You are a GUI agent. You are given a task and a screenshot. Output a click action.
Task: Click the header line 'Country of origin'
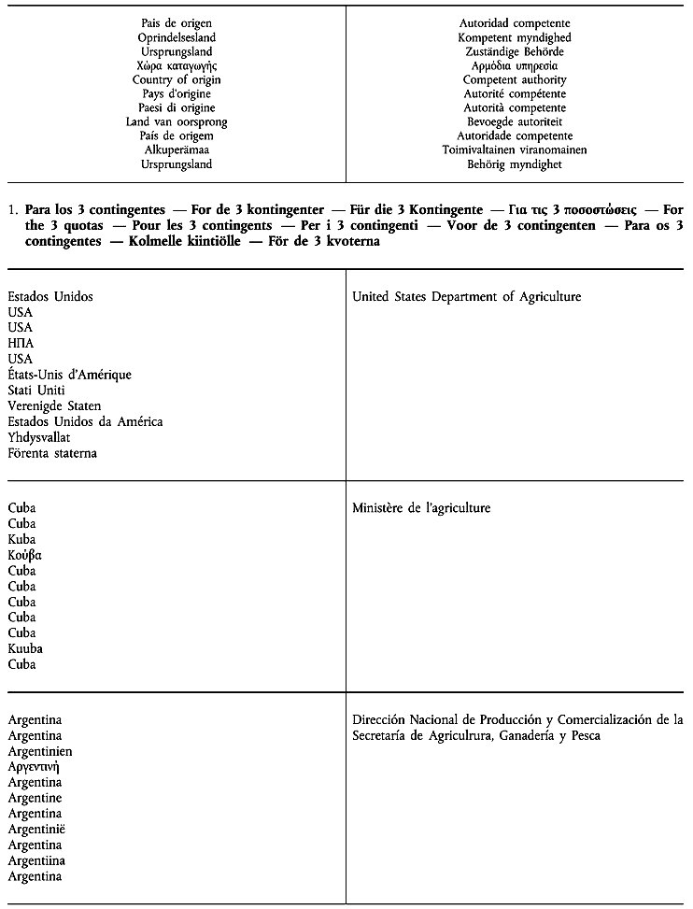coord(177,80)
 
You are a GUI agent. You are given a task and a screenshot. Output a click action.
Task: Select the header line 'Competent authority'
coord(515,80)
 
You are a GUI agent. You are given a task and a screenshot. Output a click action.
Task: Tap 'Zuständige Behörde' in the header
coord(515,52)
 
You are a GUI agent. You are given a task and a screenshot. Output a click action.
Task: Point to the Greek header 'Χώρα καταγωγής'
coord(177,66)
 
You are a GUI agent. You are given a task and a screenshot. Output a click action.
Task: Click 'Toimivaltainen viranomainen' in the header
coord(515,150)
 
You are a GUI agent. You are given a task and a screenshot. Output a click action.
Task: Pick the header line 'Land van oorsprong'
coord(177,122)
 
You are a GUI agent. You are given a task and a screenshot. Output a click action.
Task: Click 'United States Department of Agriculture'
coord(466,297)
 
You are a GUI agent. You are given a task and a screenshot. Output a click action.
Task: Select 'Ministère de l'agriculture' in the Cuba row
coord(421,508)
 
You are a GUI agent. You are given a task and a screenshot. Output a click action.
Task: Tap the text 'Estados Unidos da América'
coord(85,421)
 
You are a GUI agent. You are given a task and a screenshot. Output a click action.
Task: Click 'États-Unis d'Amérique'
coord(69,375)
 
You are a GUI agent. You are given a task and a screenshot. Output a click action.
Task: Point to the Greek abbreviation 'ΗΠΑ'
coord(21,344)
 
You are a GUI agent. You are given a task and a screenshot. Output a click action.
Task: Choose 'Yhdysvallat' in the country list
coord(39,437)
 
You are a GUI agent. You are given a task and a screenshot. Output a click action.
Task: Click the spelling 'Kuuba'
coord(25,648)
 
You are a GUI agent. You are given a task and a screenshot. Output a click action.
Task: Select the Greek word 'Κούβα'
coord(25,555)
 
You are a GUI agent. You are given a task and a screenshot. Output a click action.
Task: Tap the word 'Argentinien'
coord(40,751)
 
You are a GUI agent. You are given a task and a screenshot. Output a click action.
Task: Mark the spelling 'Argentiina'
coord(36,860)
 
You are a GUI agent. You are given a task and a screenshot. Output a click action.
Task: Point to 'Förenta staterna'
coord(52,453)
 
